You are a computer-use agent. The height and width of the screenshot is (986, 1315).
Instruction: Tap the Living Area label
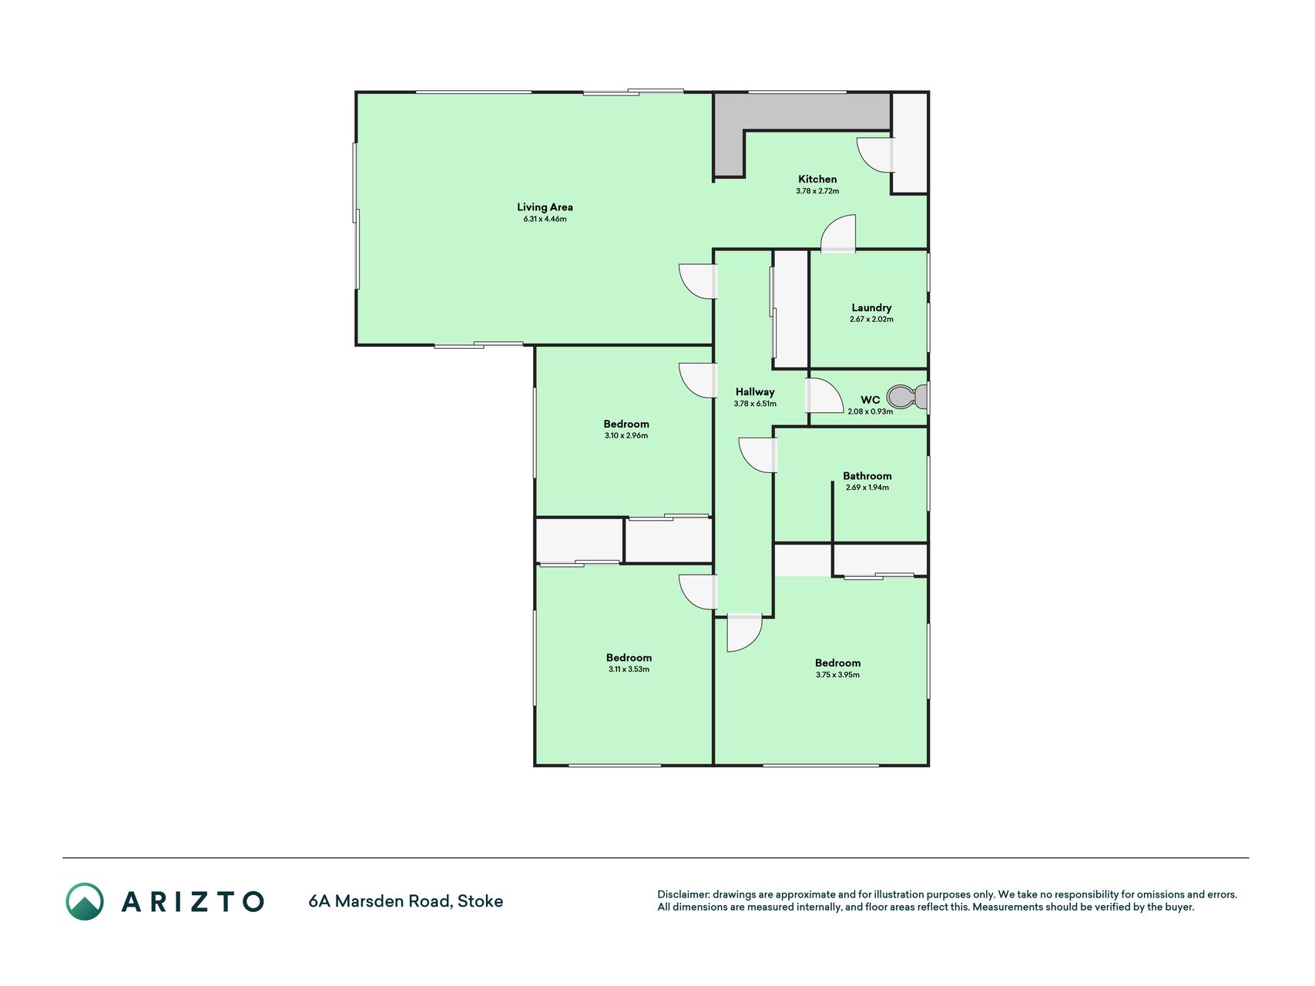click(545, 207)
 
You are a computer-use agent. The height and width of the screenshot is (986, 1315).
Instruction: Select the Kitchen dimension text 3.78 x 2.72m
click(817, 191)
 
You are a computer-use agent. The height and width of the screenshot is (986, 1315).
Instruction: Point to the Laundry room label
click(871, 307)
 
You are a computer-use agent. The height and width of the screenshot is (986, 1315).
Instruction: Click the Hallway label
click(755, 392)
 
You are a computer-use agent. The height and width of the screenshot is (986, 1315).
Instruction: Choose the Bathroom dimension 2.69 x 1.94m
click(867, 488)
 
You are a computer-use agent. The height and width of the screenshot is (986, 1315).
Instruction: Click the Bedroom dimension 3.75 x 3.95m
click(837, 675)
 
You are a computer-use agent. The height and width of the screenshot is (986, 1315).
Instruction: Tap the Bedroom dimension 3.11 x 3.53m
click(629, 669)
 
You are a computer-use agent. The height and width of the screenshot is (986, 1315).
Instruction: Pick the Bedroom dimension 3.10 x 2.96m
click(626, 436)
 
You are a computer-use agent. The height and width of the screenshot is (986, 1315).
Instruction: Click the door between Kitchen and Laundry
click(838, 233)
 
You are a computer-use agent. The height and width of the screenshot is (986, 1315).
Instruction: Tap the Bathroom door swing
click(757, 455)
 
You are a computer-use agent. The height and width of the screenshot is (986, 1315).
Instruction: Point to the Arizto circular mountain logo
click(85, 901)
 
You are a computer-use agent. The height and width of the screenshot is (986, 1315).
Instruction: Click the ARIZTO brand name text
click(193, 901)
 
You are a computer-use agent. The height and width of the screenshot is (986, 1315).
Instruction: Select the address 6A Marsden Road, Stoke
click(405, 901)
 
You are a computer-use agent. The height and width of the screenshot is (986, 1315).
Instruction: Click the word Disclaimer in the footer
click(683, 894)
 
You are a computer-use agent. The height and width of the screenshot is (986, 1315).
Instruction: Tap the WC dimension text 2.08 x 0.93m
click(871, 411)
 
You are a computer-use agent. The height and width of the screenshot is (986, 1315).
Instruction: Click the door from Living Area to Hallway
click(698, 281)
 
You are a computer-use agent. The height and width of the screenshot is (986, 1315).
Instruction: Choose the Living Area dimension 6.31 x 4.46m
click(545, 219)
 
